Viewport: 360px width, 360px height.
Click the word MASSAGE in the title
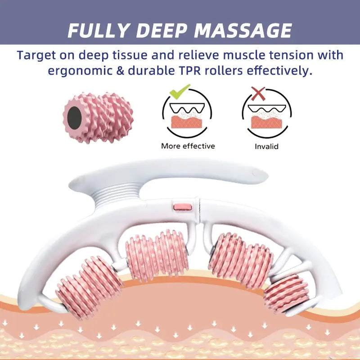pos(243,30)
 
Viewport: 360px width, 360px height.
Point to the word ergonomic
pos(80,71)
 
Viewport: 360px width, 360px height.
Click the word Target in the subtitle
pos(36,56)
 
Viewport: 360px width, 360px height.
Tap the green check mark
pos(179,91)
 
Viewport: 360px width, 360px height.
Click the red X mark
pos(258,94)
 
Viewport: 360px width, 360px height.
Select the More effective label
pos(188,146)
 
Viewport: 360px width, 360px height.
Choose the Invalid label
pos(266,147)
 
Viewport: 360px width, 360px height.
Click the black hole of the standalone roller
pos(74,118)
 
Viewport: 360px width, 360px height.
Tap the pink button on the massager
pos(182,207)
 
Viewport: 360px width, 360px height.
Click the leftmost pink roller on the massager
pos(89,288)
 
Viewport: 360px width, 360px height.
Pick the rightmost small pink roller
pos(286,294)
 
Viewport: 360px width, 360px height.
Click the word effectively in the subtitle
pos(279,71)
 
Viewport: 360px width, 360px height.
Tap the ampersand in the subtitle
pos(120,71)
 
